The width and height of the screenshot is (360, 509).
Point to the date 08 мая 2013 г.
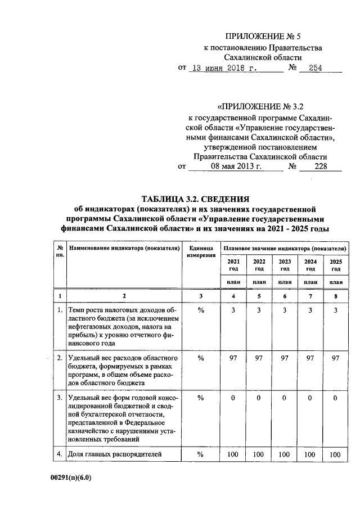[236, 166]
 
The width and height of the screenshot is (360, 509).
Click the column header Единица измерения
[201, 251]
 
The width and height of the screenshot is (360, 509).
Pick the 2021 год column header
[232, 265]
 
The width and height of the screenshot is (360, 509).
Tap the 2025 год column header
[335, 265]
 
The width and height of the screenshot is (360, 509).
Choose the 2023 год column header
[284, 265]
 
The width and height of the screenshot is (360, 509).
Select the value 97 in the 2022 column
[259, 358]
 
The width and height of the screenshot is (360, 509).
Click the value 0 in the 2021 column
[232, 398]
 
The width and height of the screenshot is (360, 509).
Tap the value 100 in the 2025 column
[335, 453]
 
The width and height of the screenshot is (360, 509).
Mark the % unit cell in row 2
[201, 358]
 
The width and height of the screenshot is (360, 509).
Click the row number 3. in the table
[60, 398]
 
